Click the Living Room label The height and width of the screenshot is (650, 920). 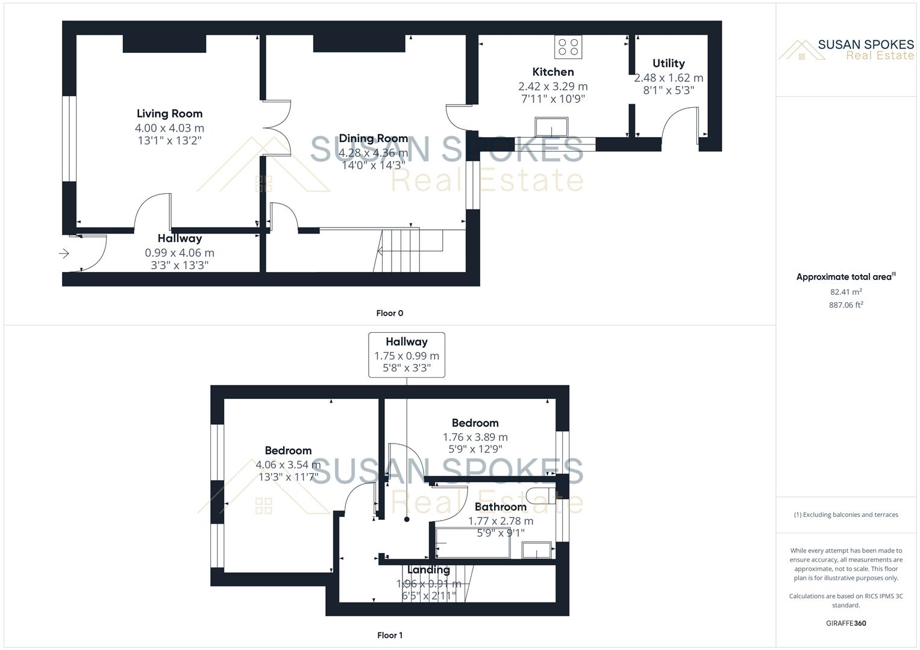[x=169, y=114]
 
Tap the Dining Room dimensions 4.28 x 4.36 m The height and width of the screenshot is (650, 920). [x=373, y=153]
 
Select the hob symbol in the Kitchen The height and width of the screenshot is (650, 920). [x=568, y=47]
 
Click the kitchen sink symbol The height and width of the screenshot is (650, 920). [x=551, y=127]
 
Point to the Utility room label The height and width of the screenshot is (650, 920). [x=668, y=63]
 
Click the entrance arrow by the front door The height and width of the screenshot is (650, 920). [x=64, y=254]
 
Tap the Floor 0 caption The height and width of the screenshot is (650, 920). [x=390, y=313]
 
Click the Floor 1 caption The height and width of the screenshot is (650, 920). [x=390, y=635]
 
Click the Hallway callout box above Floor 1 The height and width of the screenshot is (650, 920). [x=407, y=355]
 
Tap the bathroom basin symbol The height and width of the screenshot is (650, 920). [x=536, y=549]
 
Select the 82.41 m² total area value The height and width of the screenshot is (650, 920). [x=846, y=292]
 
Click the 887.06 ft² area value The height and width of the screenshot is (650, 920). [x=846, y=305]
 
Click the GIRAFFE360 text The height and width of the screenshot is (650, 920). [x=846, y=623]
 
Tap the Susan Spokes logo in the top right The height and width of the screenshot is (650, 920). [x=846, y=49]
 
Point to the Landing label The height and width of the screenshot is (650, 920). [x=428, y=569]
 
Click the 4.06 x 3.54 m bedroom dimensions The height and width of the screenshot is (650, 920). [x=288, y=465]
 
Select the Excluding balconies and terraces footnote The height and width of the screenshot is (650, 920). [x=846, y=515]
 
